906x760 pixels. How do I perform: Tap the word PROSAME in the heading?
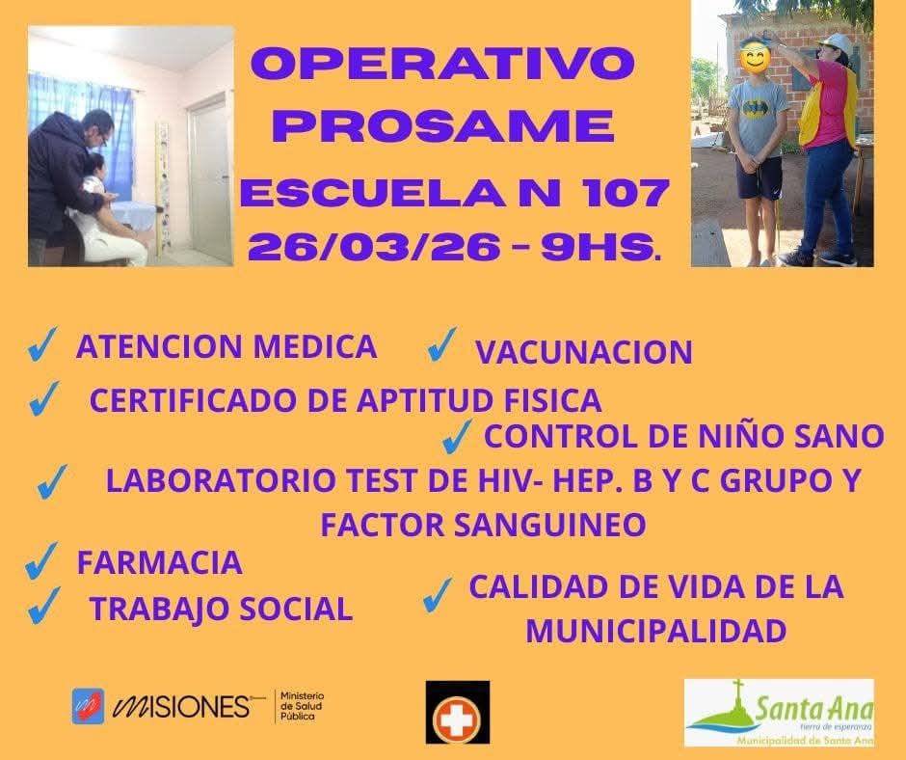point(443,126)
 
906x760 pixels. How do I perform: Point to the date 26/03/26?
point(374,248)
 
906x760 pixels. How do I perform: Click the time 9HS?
point(601,248)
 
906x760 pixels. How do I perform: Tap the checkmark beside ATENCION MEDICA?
point(42,344)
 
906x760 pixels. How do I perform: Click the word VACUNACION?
point(583,352)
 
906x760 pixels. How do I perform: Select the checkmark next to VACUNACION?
point(442,344)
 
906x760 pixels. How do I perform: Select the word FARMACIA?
point(159,563)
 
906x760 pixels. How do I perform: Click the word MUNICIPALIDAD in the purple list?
point(655,631)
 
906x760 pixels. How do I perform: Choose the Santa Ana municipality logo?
point(779,713)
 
